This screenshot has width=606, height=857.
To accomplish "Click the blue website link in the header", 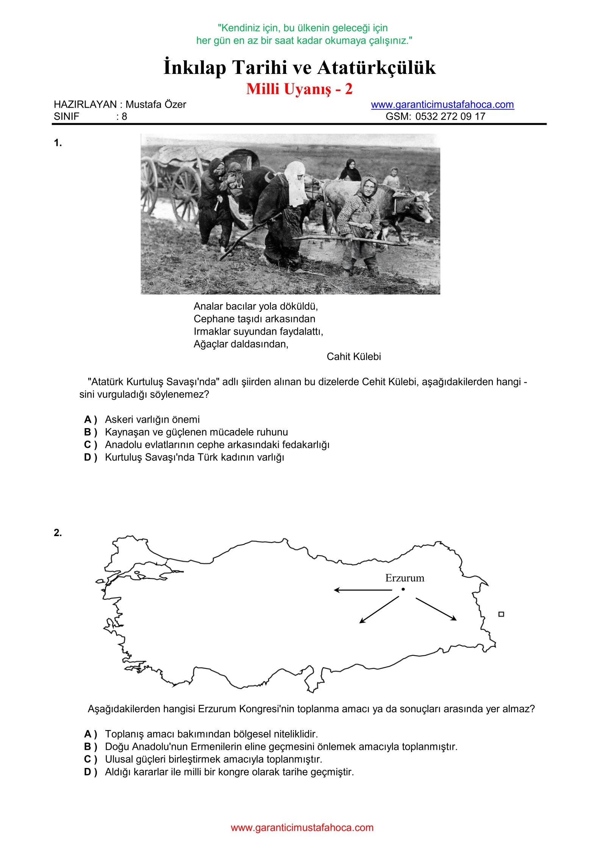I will coord(442,105).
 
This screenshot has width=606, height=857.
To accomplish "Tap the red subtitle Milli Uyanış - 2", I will coord(299,89).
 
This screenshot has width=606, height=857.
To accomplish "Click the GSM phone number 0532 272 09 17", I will coord(450,116).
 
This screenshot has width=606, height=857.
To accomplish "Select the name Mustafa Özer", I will coord(156,105).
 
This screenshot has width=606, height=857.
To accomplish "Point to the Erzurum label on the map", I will coord(405,578).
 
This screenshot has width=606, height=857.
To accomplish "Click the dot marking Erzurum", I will coord(403,589).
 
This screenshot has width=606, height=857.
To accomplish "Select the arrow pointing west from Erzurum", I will coord(363,590).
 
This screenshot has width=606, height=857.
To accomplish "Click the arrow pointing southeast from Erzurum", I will coord(436,609).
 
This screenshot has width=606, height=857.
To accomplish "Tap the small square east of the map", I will coord(501,614).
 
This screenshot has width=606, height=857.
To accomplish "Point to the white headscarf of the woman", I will coord(296,182).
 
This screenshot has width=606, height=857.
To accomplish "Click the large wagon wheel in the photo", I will coord(185,193).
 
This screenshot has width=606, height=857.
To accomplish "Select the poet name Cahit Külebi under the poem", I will coord(353,357).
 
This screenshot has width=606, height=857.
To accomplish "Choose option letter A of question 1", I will coord(88,420).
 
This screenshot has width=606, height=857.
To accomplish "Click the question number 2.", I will coord(58,533).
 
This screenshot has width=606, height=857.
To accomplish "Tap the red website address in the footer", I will coord(302,827).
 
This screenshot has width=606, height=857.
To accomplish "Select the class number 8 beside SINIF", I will coord(124,117).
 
